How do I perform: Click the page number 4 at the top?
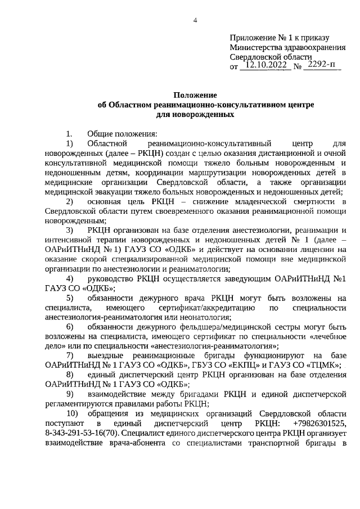pos(195,21)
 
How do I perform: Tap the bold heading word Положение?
pos(195,96)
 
